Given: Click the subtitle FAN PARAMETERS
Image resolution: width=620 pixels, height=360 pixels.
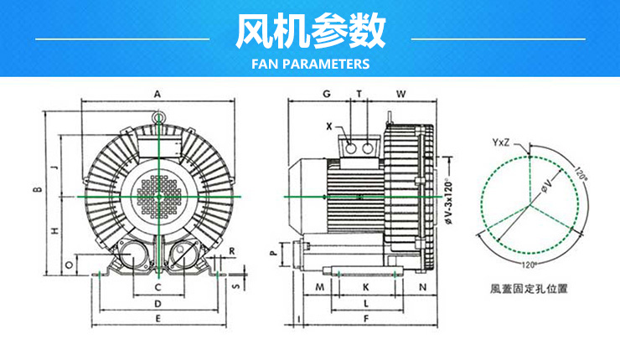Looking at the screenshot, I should click(309, 64).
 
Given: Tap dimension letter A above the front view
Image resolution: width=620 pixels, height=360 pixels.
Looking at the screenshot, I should click(157, 93).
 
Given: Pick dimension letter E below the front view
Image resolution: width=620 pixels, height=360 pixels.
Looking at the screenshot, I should click(157, 319).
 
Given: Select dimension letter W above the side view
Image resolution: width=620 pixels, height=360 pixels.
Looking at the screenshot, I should click(401, 93).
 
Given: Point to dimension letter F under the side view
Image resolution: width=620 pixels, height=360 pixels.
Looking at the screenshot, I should click(365, 319).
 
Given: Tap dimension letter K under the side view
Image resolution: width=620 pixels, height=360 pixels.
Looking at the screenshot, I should click(365, 287).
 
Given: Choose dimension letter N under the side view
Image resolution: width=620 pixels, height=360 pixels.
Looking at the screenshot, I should click(421, 287).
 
